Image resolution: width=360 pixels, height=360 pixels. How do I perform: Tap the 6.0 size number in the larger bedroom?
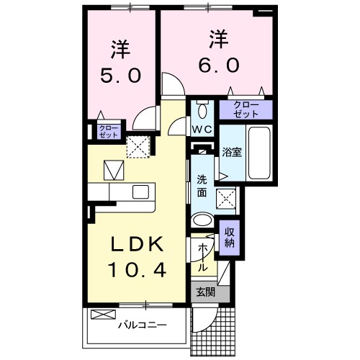[218, 63]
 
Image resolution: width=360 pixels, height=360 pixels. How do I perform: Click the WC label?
[200, 130]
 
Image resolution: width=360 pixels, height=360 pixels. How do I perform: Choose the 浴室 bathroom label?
[231, 153]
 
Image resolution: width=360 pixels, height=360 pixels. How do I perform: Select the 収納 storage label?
[230, 237]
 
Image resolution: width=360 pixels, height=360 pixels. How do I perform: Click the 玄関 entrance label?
[205, 292]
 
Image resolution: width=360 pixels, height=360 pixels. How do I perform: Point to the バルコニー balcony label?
[143, 325]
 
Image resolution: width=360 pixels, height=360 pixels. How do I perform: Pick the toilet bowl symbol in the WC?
[202, 110]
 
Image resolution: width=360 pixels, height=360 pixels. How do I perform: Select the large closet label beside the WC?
[246, 110]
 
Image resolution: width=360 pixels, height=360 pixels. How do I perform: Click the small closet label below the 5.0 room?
[99, 132]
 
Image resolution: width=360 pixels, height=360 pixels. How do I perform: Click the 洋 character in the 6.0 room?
[218, 37]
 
